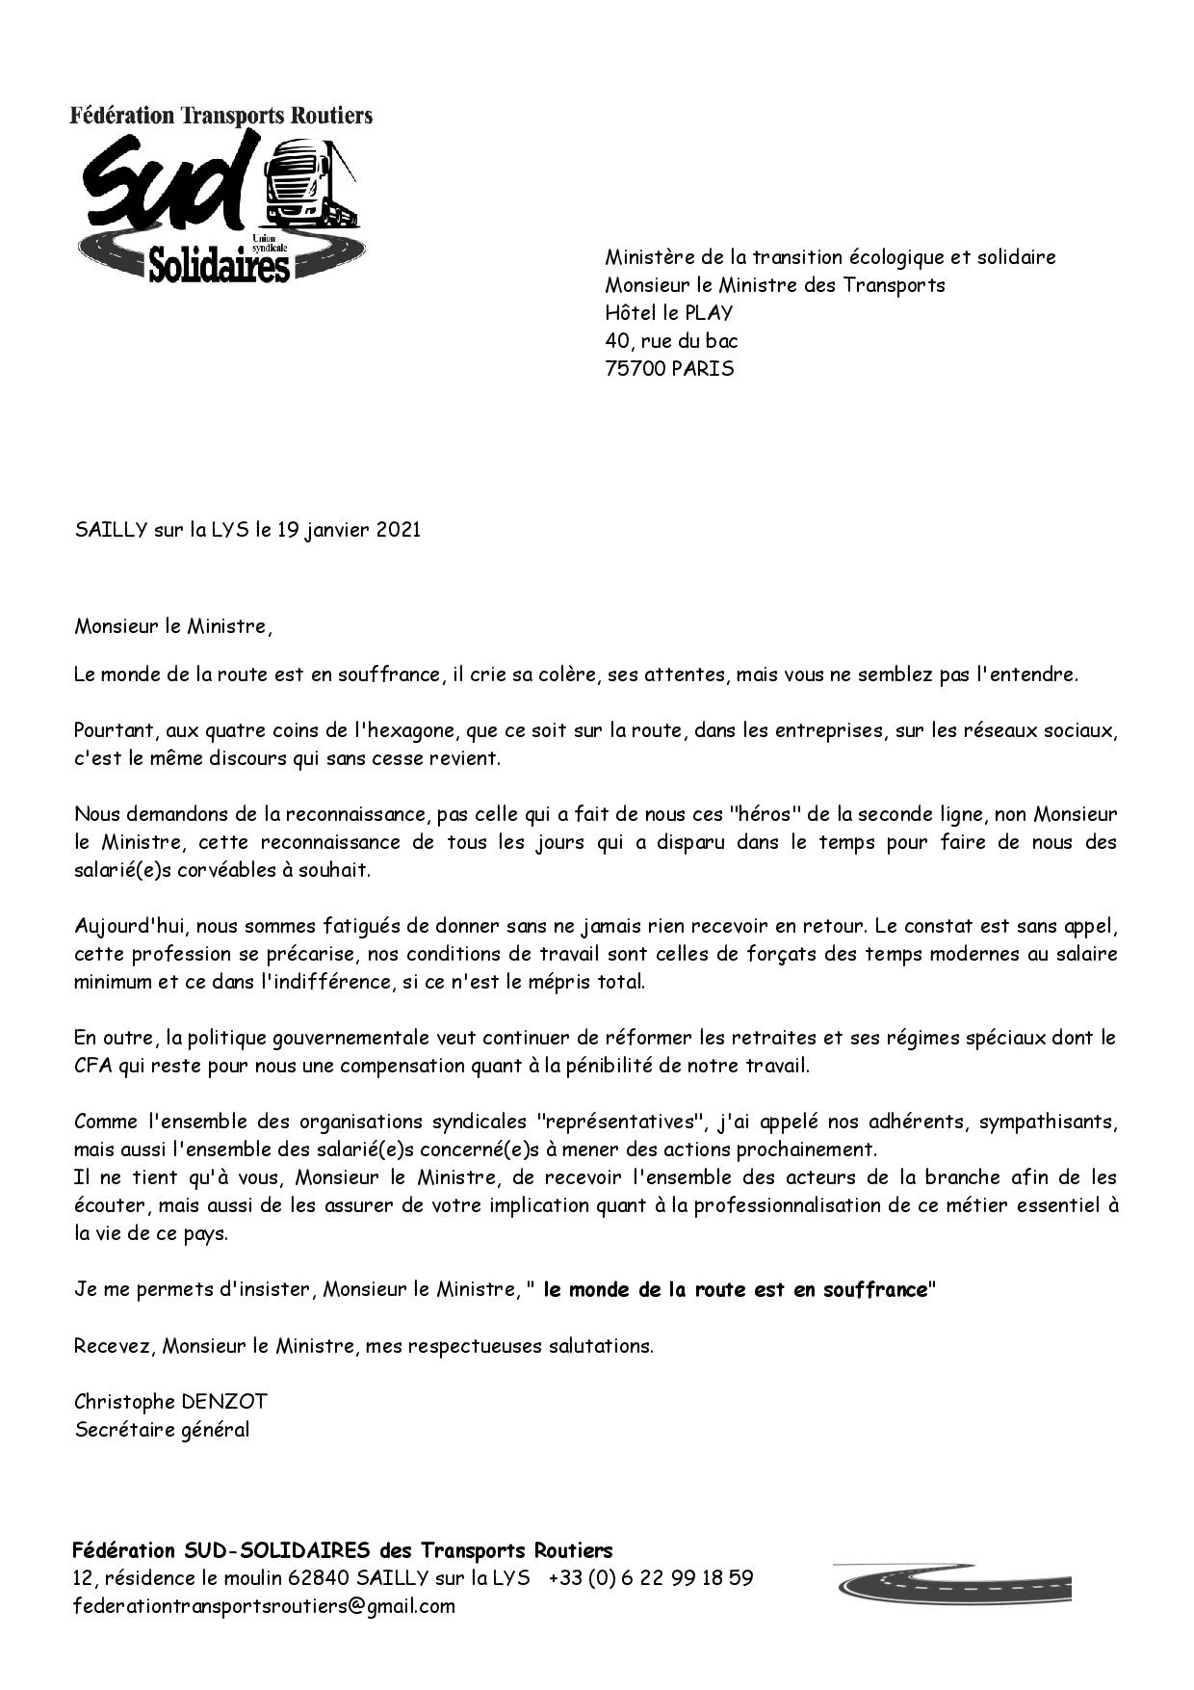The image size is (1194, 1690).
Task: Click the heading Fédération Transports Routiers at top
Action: point(221,116)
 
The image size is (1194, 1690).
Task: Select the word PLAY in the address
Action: point(709,313)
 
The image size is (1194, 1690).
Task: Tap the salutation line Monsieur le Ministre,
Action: point(173,627)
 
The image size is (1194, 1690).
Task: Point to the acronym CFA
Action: point(93,1066)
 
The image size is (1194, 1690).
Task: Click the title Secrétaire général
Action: point(162,1429)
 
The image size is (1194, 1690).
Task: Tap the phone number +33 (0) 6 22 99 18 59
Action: point(651,1578)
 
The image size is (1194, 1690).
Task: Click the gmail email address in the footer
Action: point(265,1606)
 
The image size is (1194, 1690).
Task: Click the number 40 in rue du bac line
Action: point(617,341)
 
